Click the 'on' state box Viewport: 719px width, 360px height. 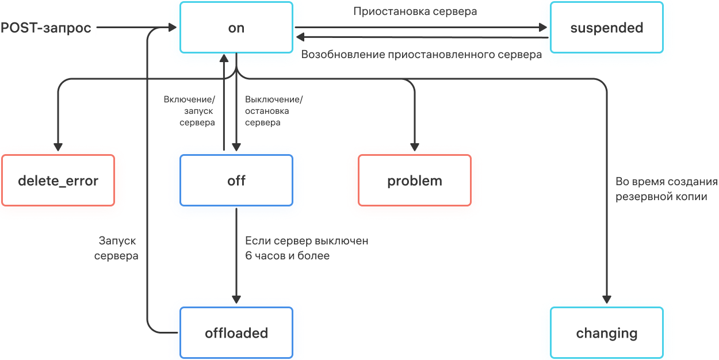point(236,28)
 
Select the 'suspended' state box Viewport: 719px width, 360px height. point(606,28)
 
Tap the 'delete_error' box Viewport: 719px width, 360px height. point(58,181)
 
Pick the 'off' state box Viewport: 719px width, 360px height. point(236,181)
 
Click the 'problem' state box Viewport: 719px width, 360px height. point(415,181)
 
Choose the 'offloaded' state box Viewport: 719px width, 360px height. point(236,333)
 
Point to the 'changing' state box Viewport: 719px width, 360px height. point(606,333)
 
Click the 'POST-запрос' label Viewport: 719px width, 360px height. point(46,28)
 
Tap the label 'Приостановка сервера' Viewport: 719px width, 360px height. point(415,11)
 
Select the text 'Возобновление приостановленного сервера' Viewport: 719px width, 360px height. point(422,55)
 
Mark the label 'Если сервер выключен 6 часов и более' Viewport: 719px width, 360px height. point(307,248)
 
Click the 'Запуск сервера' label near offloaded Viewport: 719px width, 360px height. point(117,248)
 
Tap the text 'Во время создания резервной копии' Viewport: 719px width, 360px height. point(667,189)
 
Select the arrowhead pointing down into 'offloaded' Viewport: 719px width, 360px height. point(236,299)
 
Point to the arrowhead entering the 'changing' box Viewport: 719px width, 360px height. point(607,299)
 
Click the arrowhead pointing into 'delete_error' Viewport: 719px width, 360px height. point(58,147)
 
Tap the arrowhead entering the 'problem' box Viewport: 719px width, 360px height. point(415,147)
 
